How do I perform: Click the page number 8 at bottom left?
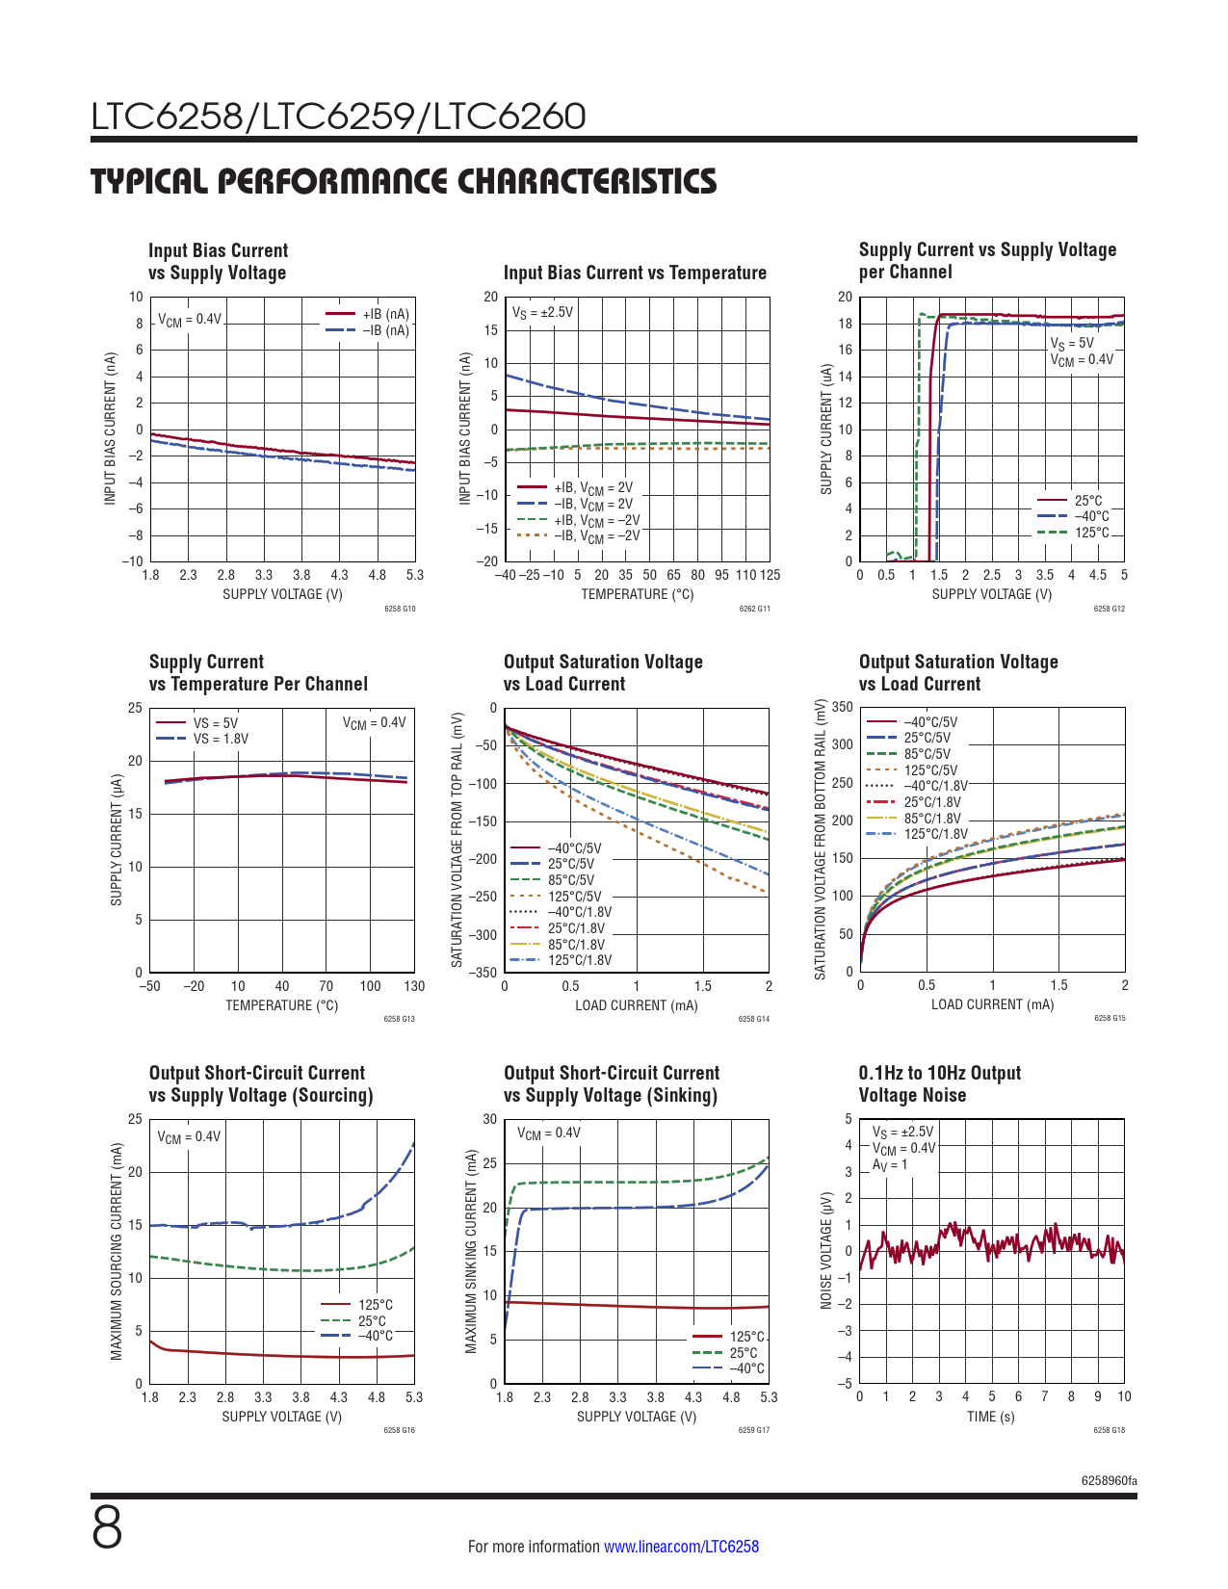pos(107,1528)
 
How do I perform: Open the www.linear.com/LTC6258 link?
pos(681,1547)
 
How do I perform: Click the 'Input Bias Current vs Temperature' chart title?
pos(635,273)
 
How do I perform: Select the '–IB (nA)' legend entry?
pos(385,330)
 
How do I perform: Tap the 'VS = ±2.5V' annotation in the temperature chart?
pos(542,312)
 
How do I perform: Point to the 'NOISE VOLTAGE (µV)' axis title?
pos(826,1251)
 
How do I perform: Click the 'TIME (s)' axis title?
pos(990,1417)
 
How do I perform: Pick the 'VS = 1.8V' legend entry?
pos(221,739)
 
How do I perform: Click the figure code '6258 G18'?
pos(1109,1430)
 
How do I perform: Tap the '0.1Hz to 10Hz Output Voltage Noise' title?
pos(939,1083)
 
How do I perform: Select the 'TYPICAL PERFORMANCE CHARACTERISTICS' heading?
pos(404,182)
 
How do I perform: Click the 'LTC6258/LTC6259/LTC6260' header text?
pos(338,117)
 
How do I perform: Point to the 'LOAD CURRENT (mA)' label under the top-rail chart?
pos(636,1005)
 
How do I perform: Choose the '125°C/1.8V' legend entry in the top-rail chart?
pos(579,960)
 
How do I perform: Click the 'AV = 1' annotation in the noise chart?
pos(889,1164)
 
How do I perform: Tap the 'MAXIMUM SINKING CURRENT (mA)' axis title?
pos(471,1251)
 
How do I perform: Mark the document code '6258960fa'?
pos(1109,1480)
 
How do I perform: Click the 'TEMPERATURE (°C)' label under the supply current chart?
pos(281,1005)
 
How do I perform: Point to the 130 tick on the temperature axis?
pos(414,986)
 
